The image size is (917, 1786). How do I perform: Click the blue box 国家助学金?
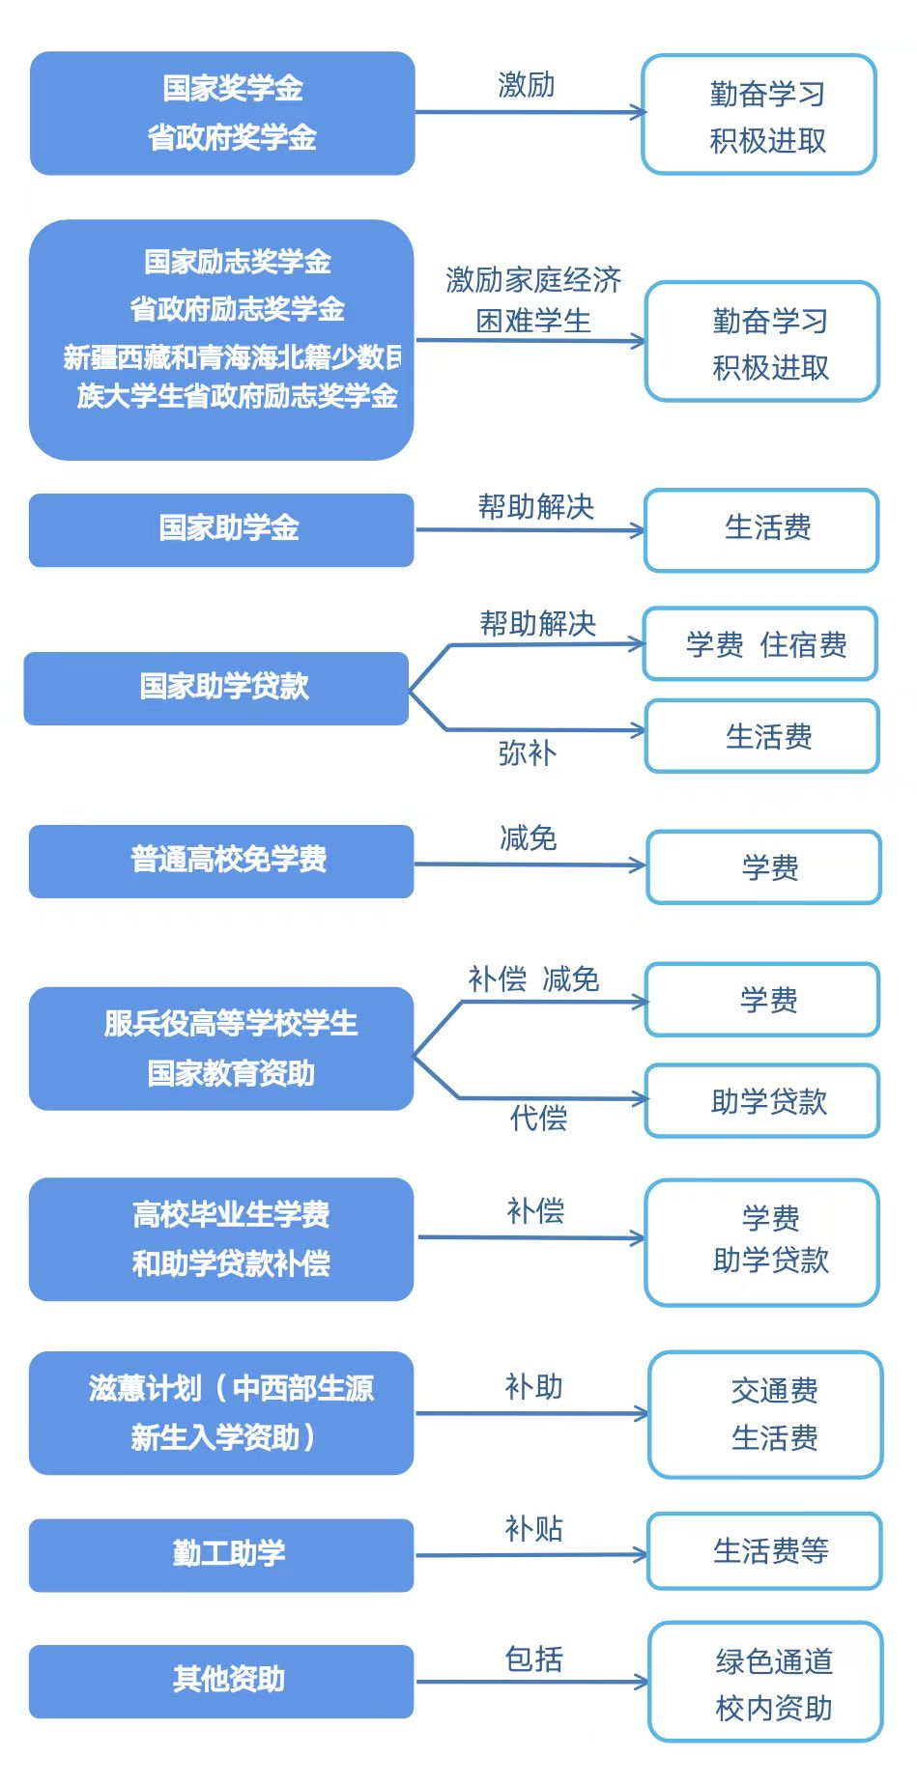pyautogui.click(x=221, y=529)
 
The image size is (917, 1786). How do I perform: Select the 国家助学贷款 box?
pyautogui.click(x=216, y=688)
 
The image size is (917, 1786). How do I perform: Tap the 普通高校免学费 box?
pyautogui.click(x=221, y=861)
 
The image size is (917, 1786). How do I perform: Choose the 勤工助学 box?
pyautogui.click(x=221, y=1554)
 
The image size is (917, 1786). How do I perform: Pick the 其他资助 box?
pyautogui.click(x=221, y=1681)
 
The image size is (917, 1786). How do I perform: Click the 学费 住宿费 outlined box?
pyautogui.click(x=760, y=644)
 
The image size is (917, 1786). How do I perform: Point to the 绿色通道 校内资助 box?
pyautogui.click(x=766, y=1682)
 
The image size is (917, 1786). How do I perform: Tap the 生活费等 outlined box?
pyautogui.click(x=764, y=1550)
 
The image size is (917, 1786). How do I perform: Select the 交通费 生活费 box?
pyautogui.click(x=766, y=1414)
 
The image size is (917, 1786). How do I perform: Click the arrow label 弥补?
pyautogui.click(x=527, y=753)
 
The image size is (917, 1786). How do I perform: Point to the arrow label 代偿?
pyautogui.click(x=538, y=1119)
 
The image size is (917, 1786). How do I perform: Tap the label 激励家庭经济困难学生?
pyautogui.click(x=533, y=299)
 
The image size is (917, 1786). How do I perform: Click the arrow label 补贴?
pyautogui.click(x=533, y=1528)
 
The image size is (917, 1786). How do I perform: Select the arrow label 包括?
pyautogui.click(x=533, y=1658)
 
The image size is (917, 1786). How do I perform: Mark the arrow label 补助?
pyautogui.click(x=533, y=1387)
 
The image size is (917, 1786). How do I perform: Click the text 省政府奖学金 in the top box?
pyautogui.click(x=232, y=138)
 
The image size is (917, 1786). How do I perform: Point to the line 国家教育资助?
pyautogui.click(x=231, y=1073)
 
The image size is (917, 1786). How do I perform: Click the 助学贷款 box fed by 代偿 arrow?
pyautogui.click(x=762, y=1101)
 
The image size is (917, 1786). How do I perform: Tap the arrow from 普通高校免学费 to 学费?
pyautogui.click(x=530, y=865)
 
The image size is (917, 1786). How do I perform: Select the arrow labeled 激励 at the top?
pyautogui.click(x=530, y=112)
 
